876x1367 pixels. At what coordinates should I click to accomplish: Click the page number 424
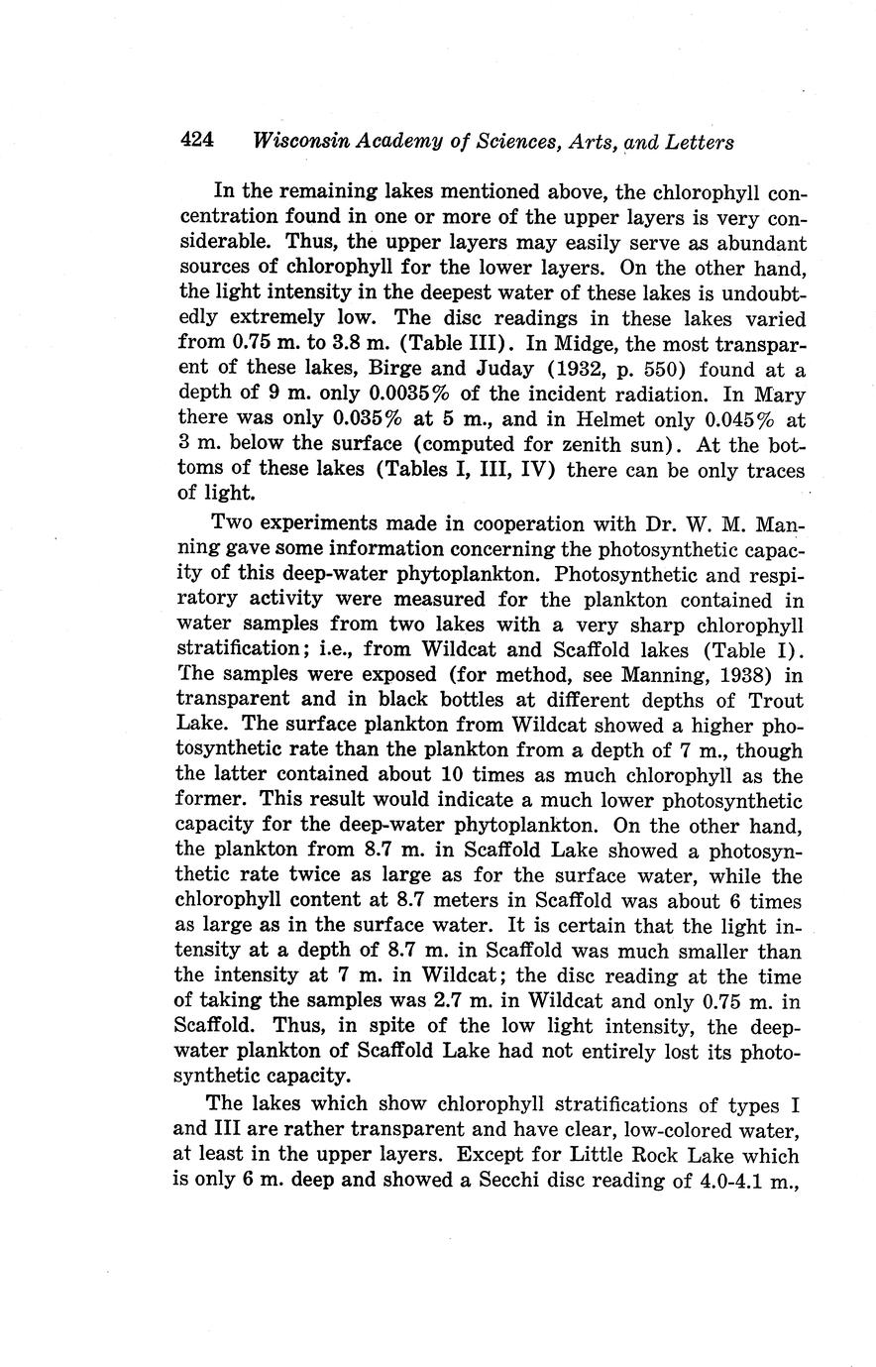197,141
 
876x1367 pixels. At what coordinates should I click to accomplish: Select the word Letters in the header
699,142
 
